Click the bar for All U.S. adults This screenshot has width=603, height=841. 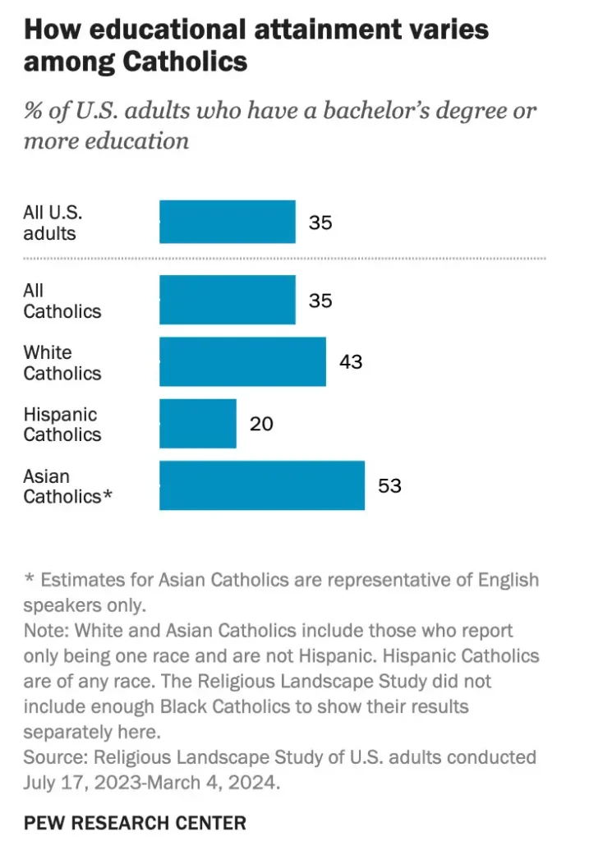227,222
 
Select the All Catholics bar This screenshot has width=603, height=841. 227,300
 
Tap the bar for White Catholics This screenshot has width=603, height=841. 242,362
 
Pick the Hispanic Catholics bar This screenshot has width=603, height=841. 197,424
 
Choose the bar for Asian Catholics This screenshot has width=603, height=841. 261,485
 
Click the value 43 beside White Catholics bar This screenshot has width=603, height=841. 351,362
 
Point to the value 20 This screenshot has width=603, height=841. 261,424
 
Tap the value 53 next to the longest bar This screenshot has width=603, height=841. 389,485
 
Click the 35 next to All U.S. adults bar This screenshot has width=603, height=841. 320,222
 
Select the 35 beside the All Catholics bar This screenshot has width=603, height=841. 320,300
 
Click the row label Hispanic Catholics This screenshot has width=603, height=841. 62,425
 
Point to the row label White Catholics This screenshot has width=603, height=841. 62,363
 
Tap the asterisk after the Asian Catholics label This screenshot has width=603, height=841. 107,496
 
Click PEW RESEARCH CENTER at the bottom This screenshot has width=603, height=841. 135,822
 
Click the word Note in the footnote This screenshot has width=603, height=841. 41,631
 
